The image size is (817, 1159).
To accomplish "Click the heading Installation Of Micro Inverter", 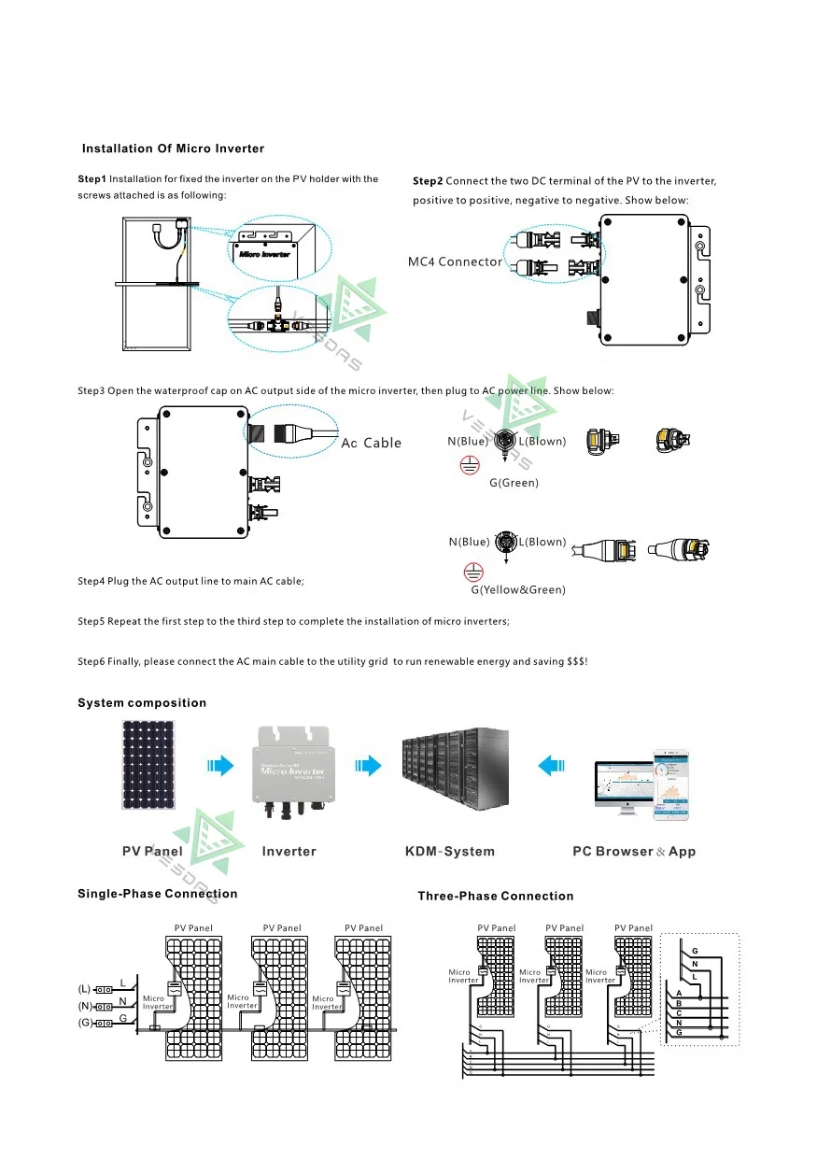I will pyautogui.click(x=173, y=148).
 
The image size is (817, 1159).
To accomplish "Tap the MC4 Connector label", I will pyautogui.click(x=455, y=261).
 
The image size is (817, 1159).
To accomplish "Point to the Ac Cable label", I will pyautogui.click(x=371, y=443).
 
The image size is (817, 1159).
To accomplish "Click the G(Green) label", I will pyautogui.click(x=514, y=483).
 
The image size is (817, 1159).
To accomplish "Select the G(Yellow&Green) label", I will pyautogui.click(x=517, y=590).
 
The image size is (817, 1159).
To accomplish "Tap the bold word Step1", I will pyautogui.click(x=92, y=178).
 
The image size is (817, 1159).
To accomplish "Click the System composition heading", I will pyautogui.click(x=142, y=703).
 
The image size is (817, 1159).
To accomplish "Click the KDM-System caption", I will pyautogui.click(x=450, y=852).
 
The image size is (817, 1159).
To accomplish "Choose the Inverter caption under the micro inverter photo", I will pyautogui.click(x=289, y=852).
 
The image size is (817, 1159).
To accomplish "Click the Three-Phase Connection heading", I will pyautogui.click(x=495, y=897).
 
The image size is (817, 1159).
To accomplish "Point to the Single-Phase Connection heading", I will pyautogui.click(x=157, y=894).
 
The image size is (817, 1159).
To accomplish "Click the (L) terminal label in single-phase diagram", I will pyautogui.click(x=84, y=989).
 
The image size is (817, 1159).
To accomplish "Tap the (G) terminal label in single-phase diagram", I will pyautogui.click(x=84, y=1024).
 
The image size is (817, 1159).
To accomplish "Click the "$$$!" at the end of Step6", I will pyautogui.click(x=577, y=661).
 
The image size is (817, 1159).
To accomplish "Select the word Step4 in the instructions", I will pyautogui.click(x=91, y=581).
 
